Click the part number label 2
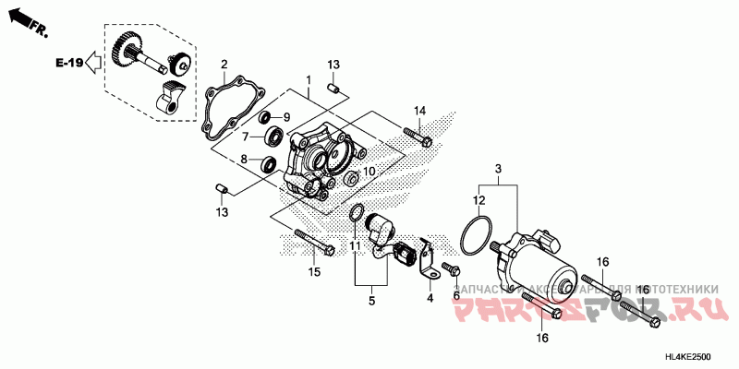coord(224,64)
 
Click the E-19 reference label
coord(68,63)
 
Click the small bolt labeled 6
coord(451,268)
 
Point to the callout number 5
coord(373,300)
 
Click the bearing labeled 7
coord(274,137)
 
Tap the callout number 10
coord(369,172)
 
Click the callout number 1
coord(309,80)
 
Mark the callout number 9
coord(285,117)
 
